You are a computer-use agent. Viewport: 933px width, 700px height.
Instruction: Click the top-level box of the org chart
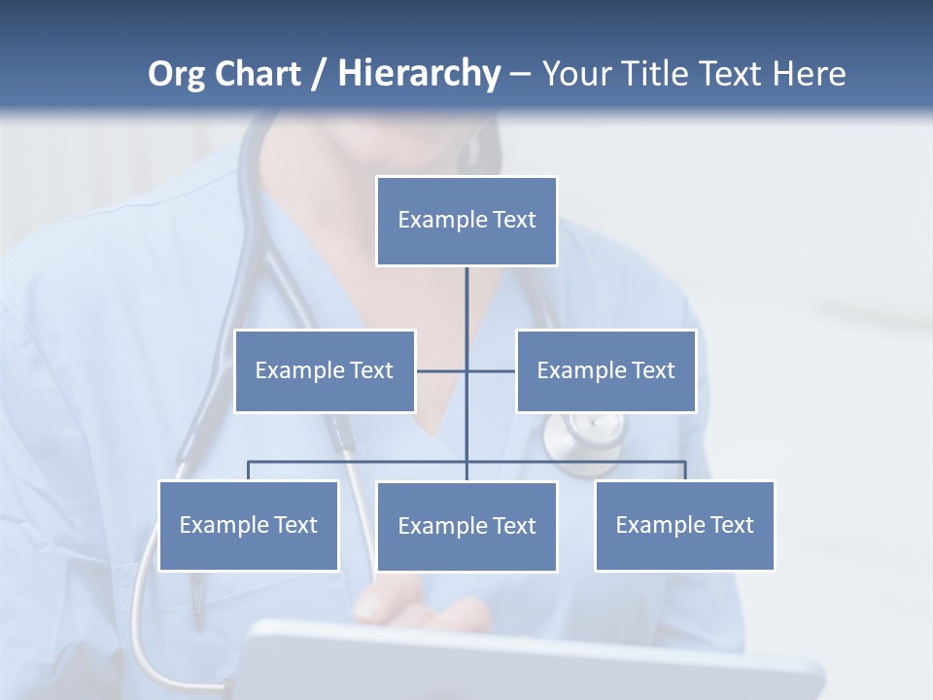[466, 221]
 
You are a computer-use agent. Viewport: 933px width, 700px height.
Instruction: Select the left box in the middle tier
[325, 371]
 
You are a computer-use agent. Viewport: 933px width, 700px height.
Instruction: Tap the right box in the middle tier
[605, 371]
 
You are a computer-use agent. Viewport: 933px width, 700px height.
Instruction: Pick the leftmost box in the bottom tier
[248, 526]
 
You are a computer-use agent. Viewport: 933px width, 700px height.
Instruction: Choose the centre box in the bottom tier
[466, 527]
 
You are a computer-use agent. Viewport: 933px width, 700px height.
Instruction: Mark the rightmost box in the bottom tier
[684, 526]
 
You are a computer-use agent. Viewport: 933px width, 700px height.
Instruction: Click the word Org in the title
[176, 75]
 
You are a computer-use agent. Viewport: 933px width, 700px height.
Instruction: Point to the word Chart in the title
[259, 74]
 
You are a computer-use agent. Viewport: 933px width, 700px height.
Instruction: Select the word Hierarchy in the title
[419, 74]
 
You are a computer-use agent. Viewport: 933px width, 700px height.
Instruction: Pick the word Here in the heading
[809, 74]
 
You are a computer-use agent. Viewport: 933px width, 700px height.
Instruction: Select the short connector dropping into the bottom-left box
[248, 471]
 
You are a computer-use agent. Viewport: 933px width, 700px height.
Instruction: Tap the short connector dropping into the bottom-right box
[685, 471]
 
